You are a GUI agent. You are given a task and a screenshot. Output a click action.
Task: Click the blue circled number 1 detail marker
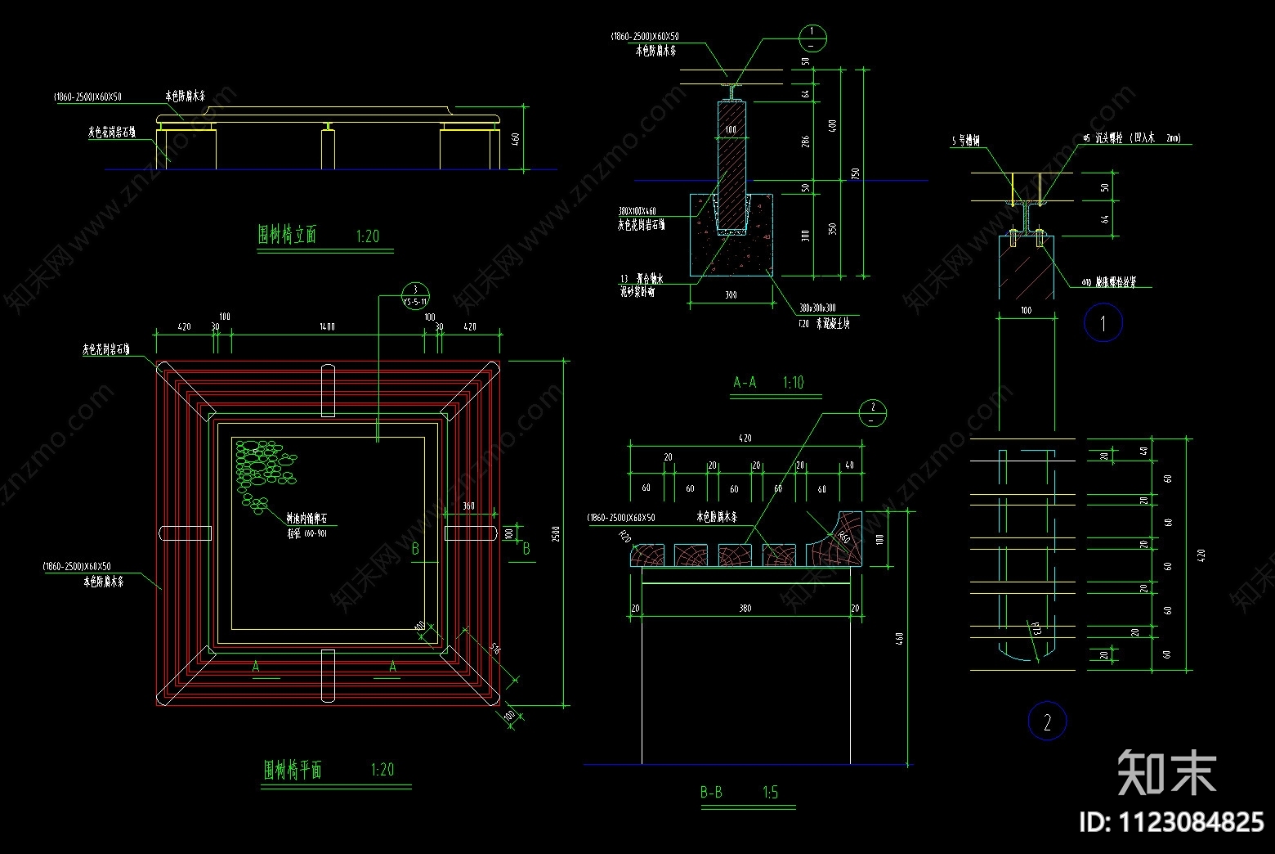pyautogui.click(x=1103, y=323)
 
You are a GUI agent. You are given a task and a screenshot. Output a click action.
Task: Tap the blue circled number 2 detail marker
pyautogui.click(x=1047, y=721)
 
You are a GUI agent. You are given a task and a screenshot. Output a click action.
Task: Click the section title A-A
pyautogui.click(x=745, y=382)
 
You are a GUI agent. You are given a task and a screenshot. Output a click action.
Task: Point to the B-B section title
pyautogui.click(x=711, y=792)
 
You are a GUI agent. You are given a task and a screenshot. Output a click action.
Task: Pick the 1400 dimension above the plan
pyautogui.click(x=327, y=326)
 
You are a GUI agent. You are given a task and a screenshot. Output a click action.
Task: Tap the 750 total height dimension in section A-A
pyautogui.click(x=856, y=173)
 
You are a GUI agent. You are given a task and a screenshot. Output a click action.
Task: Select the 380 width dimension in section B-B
pyautogui.click(x=745, y=608)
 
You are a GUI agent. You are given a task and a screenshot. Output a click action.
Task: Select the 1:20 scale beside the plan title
pyautogui.click(x=382, y=769)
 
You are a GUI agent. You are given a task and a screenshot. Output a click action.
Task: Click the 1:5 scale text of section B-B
pyautogui.click(x=770, y=792)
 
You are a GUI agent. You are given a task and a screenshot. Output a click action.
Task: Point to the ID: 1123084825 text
pyautogui.click(x=1171, y=821)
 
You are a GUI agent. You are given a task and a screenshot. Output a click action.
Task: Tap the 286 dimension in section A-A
pyautogui.click(x=806, y=141)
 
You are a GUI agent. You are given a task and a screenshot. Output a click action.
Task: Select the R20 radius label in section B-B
pyautogui.click(x=625, y=537)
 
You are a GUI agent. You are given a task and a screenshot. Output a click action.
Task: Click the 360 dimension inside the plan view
pyautogui.click(x=468, y=506)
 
